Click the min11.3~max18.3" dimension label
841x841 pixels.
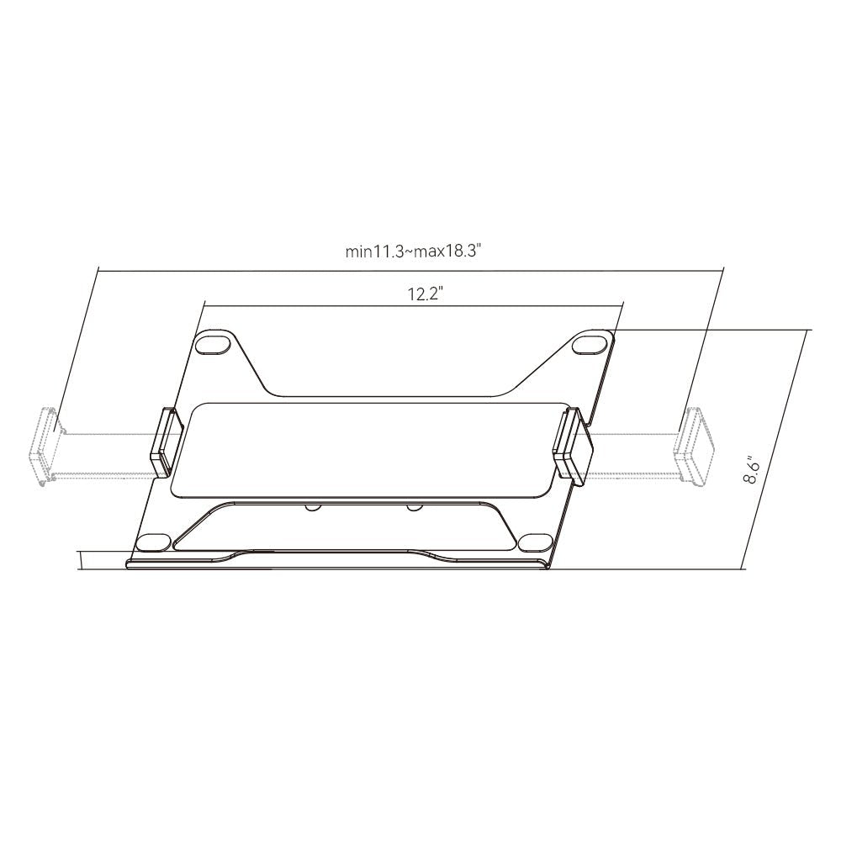[417, 251]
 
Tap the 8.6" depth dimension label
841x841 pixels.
[752, 470]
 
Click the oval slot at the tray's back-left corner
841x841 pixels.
[214, 344]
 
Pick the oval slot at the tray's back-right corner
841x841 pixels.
[591, 344]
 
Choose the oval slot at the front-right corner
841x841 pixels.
[533, 542]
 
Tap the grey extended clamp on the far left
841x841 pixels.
[44, 447]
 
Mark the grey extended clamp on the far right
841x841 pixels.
[696, 446]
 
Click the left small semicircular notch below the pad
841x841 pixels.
[312, 506]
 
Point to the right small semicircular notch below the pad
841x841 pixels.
[412, 506]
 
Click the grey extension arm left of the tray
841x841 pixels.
[105, 455]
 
